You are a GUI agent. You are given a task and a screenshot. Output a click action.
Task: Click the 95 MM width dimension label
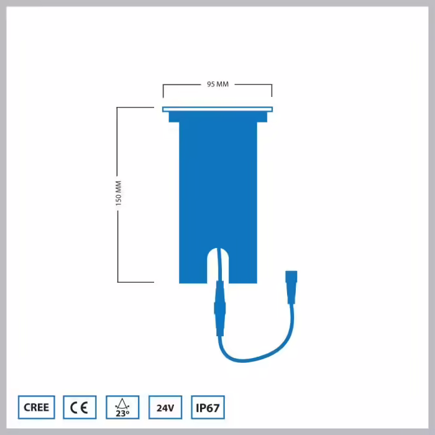[x=217, y=84]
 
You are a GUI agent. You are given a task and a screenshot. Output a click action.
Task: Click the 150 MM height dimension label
[x=119, y=193]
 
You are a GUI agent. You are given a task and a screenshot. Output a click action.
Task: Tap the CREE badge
[x=36, y=407]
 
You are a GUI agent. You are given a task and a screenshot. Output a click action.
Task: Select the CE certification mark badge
[x=80, y=407]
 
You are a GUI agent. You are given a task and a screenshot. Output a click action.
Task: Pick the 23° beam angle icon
[x=122, y=407]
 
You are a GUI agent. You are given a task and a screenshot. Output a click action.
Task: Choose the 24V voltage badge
[x=165, y=407]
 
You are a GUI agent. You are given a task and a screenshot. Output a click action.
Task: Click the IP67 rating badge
[x=208, y=407]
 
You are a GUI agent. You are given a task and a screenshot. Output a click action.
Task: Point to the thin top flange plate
[x=217, y=109]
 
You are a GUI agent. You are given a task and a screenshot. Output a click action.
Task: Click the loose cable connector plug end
[x=291, y=287]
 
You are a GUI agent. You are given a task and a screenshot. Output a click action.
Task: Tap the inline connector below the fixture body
[x=220, y=308]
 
